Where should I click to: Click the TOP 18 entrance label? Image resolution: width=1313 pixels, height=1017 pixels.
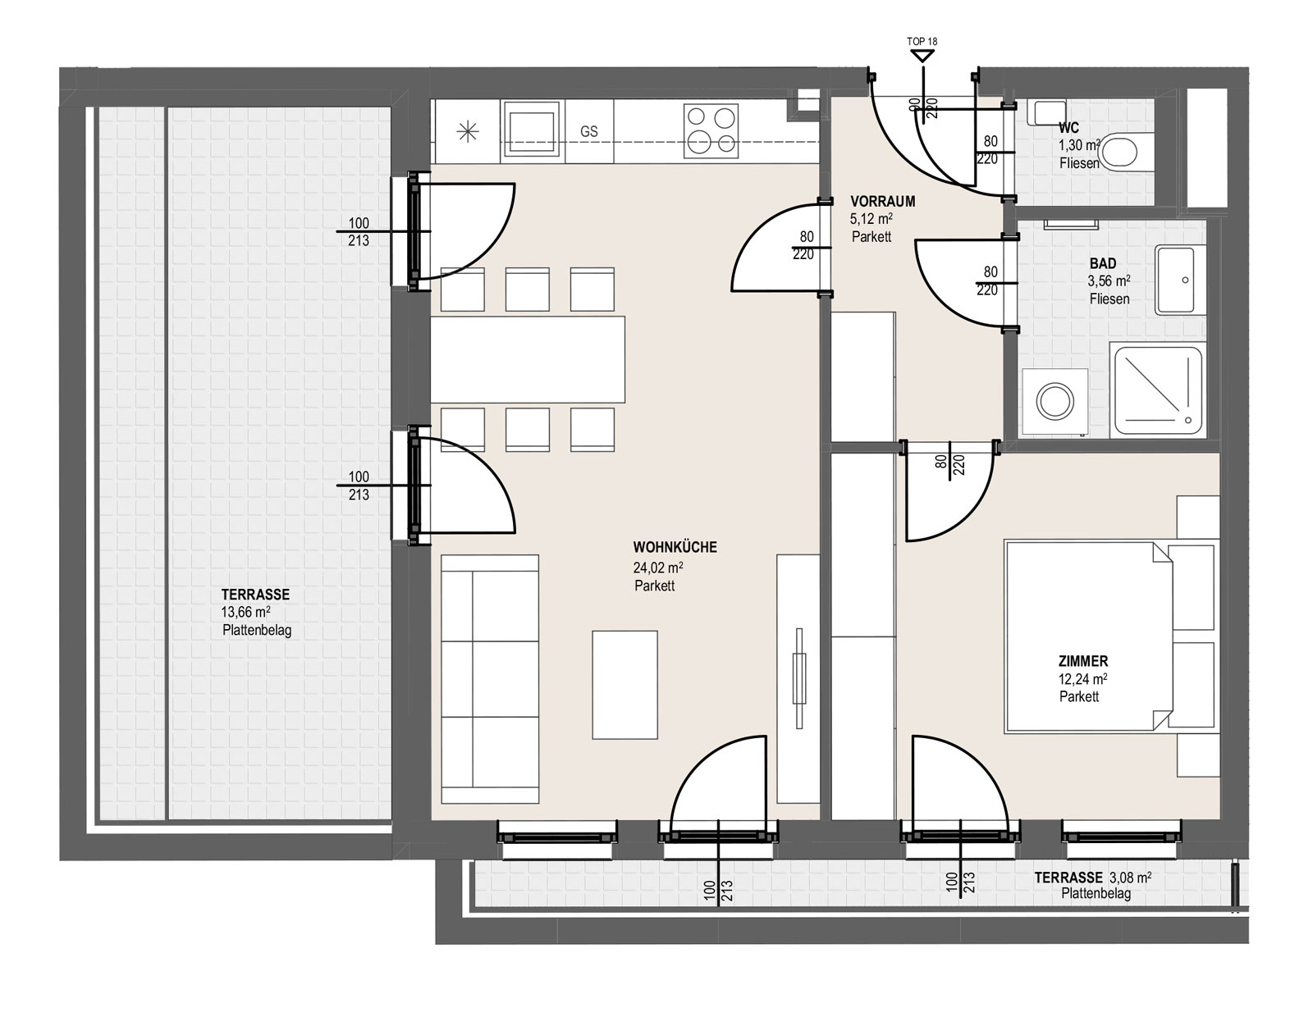coord(922,42)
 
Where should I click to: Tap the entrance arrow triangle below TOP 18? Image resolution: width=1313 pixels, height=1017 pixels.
coord(922,56)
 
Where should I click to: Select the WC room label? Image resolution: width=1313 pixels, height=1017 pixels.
coord(1068,128)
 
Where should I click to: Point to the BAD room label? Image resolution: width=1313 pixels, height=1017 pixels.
coord(1103,263)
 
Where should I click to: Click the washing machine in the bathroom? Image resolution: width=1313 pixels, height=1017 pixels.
coord(1055,402)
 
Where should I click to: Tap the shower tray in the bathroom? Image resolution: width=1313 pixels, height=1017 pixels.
coord(1158,390)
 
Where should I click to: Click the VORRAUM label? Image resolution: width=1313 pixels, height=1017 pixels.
coord(882,201)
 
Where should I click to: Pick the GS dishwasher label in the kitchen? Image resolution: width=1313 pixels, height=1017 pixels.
coord(589,131)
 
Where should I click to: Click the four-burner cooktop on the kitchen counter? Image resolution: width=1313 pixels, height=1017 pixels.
coord(711,131)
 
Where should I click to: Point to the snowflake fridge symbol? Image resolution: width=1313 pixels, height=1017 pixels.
coord(468,132)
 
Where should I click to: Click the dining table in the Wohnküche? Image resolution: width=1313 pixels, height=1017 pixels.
coord(528,359)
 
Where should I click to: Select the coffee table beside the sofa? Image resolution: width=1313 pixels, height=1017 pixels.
coord(624,685)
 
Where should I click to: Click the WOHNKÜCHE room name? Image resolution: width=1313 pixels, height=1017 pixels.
coord(675,547)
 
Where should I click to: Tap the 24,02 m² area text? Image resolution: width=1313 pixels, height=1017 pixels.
coord(658,567)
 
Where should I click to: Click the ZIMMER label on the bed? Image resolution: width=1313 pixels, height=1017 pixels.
coord(1083,661)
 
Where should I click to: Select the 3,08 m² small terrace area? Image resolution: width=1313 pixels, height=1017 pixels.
coord(1127,878)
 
